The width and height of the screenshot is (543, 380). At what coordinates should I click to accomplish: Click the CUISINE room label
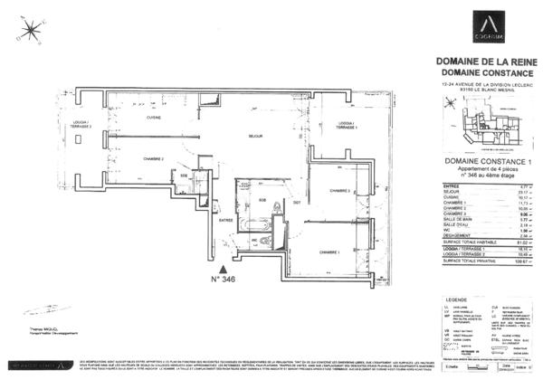[154, 118]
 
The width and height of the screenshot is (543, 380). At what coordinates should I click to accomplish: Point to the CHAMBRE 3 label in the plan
[339, 191]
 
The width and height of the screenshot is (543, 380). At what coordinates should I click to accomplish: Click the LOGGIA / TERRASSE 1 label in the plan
[340, 126]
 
